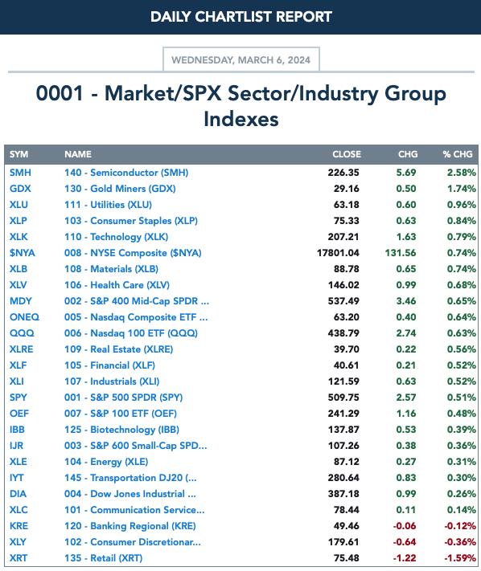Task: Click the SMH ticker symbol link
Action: click(x=20, y=172)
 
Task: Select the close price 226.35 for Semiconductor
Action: click(x=343, y=172)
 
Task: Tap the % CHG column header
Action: click(x=458, y=154)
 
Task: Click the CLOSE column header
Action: click(x=347, y=154)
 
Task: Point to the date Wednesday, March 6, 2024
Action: click(x=240, y=59)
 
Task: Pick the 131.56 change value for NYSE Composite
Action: click(x=401, y=253)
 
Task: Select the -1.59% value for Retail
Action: click(x=460, y=558)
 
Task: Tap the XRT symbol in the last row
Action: click(x=18, y=558)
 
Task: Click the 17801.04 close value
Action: click(x=338, y=253)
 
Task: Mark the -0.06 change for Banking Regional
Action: click(x=405, y=526)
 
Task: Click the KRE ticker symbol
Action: click(x=18, y=526)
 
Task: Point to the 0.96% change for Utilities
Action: click(x=462, y=204)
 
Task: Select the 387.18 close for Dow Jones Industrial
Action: click(x=343, y=494)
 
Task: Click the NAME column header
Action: click(x=78, y=154)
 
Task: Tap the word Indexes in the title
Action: click(x=241, y=119)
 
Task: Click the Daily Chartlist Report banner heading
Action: click(x=241, y=17)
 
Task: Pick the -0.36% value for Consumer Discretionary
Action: click(x=460, y=542)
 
